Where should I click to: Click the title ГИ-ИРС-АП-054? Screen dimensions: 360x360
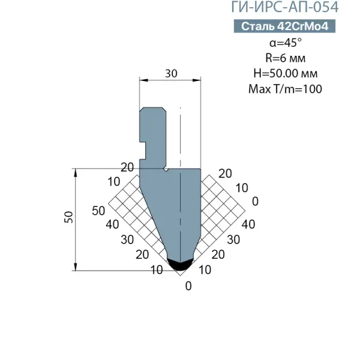click(x=284, y=7)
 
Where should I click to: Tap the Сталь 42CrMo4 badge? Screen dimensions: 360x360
click(x=284, y=26)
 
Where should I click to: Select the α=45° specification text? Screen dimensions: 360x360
click(x=286, y=43)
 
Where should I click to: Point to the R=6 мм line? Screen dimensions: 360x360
click(x=286, y=58)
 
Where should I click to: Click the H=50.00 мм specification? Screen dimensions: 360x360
click(x=286, y=73)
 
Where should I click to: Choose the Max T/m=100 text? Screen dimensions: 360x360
click(x=285, y=89)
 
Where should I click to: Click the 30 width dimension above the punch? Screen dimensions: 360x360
click(x=171, y=73)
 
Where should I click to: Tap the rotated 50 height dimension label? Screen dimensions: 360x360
click(x=68, y=217)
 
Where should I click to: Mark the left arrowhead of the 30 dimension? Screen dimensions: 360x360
click(x=144, y=80)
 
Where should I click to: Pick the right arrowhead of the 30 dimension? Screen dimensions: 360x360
click(x=197, y=80)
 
